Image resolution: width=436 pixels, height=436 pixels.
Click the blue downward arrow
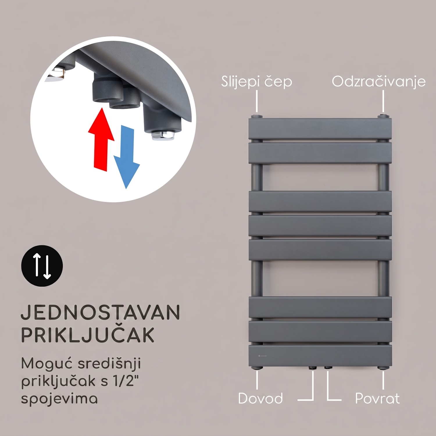pos(127,157)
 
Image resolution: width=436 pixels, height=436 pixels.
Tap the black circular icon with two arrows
pos(42,266)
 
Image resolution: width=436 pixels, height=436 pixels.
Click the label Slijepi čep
pos(256,82)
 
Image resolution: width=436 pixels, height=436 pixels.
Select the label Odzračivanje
pos(378,82)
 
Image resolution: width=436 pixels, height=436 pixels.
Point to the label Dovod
pos(260,398)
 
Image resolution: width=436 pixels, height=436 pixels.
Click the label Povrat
pos(377,398)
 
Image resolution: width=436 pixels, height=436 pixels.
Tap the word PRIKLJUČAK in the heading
pos(87,335)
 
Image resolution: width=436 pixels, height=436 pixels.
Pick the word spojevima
pos(59,399)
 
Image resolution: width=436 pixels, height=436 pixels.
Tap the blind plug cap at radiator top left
pos(257,117)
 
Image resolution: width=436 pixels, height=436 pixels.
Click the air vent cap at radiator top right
pos(383,116)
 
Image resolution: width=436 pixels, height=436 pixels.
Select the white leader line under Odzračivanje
pos(383,101)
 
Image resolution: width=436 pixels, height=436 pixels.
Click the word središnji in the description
pos(109,364)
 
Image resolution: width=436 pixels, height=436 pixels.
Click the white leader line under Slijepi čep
pos(257,101)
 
